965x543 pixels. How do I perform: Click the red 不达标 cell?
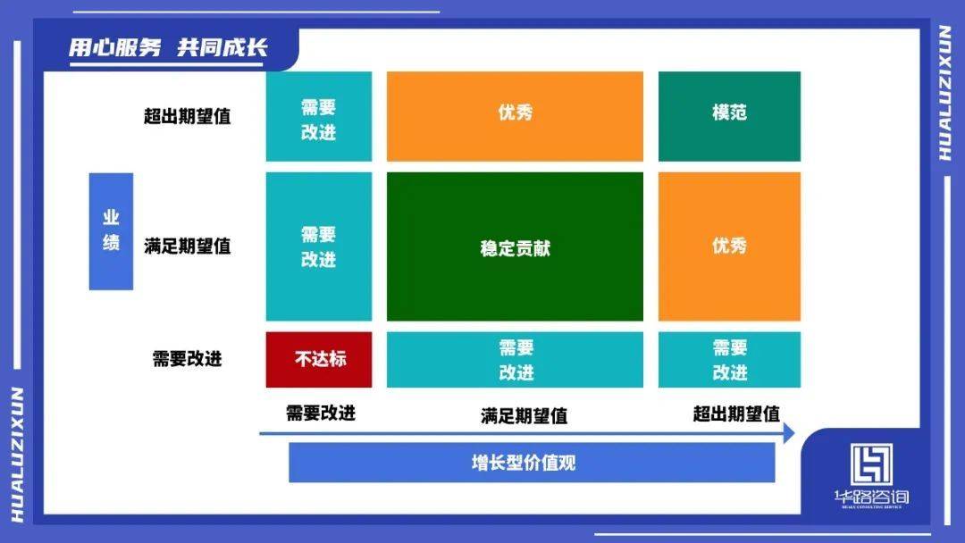[x=319, y=360]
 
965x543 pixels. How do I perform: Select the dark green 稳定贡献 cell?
[x=516, y=246]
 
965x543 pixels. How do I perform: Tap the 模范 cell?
[x=729, y=116]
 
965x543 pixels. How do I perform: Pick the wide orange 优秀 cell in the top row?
[x=516, y=116]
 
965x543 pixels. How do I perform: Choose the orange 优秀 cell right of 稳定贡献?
[x=729, y=246]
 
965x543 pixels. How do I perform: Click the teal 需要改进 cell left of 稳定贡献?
[x=319, y=246]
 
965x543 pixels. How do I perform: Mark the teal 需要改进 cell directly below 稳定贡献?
[x=516, y=360]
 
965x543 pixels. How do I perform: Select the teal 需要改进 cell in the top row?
[x=319, y=116]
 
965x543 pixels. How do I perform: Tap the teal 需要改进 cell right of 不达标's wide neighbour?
[x=729, y=360]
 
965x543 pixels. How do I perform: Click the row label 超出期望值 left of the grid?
[x=187, y=116]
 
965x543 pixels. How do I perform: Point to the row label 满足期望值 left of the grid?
[x=187, y=246]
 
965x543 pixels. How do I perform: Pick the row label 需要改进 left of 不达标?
[x=187, y=358]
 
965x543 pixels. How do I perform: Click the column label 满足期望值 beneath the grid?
[x=524, y=416]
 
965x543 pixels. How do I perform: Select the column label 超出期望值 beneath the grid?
[x=736, y=414]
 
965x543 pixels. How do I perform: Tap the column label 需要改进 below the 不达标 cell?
[x=321, y=413]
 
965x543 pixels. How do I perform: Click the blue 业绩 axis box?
[x=111, y=231]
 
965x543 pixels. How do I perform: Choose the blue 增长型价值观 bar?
[x=532, y=463]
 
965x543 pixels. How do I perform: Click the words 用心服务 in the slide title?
[x=115, y=47]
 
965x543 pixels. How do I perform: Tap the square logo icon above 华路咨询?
[x=871, y=465]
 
